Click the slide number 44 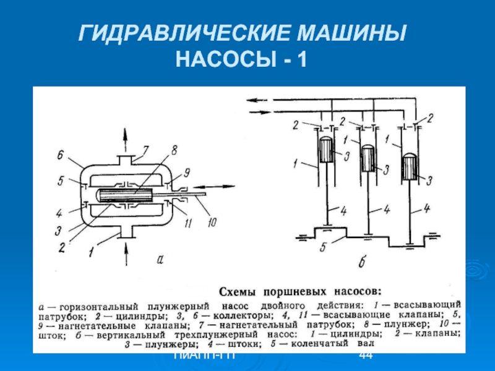click(x=365, y=356)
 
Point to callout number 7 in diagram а click(x=145, y=150)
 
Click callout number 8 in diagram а click(x=174, y=150)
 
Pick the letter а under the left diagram click(x=160, y=260)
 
